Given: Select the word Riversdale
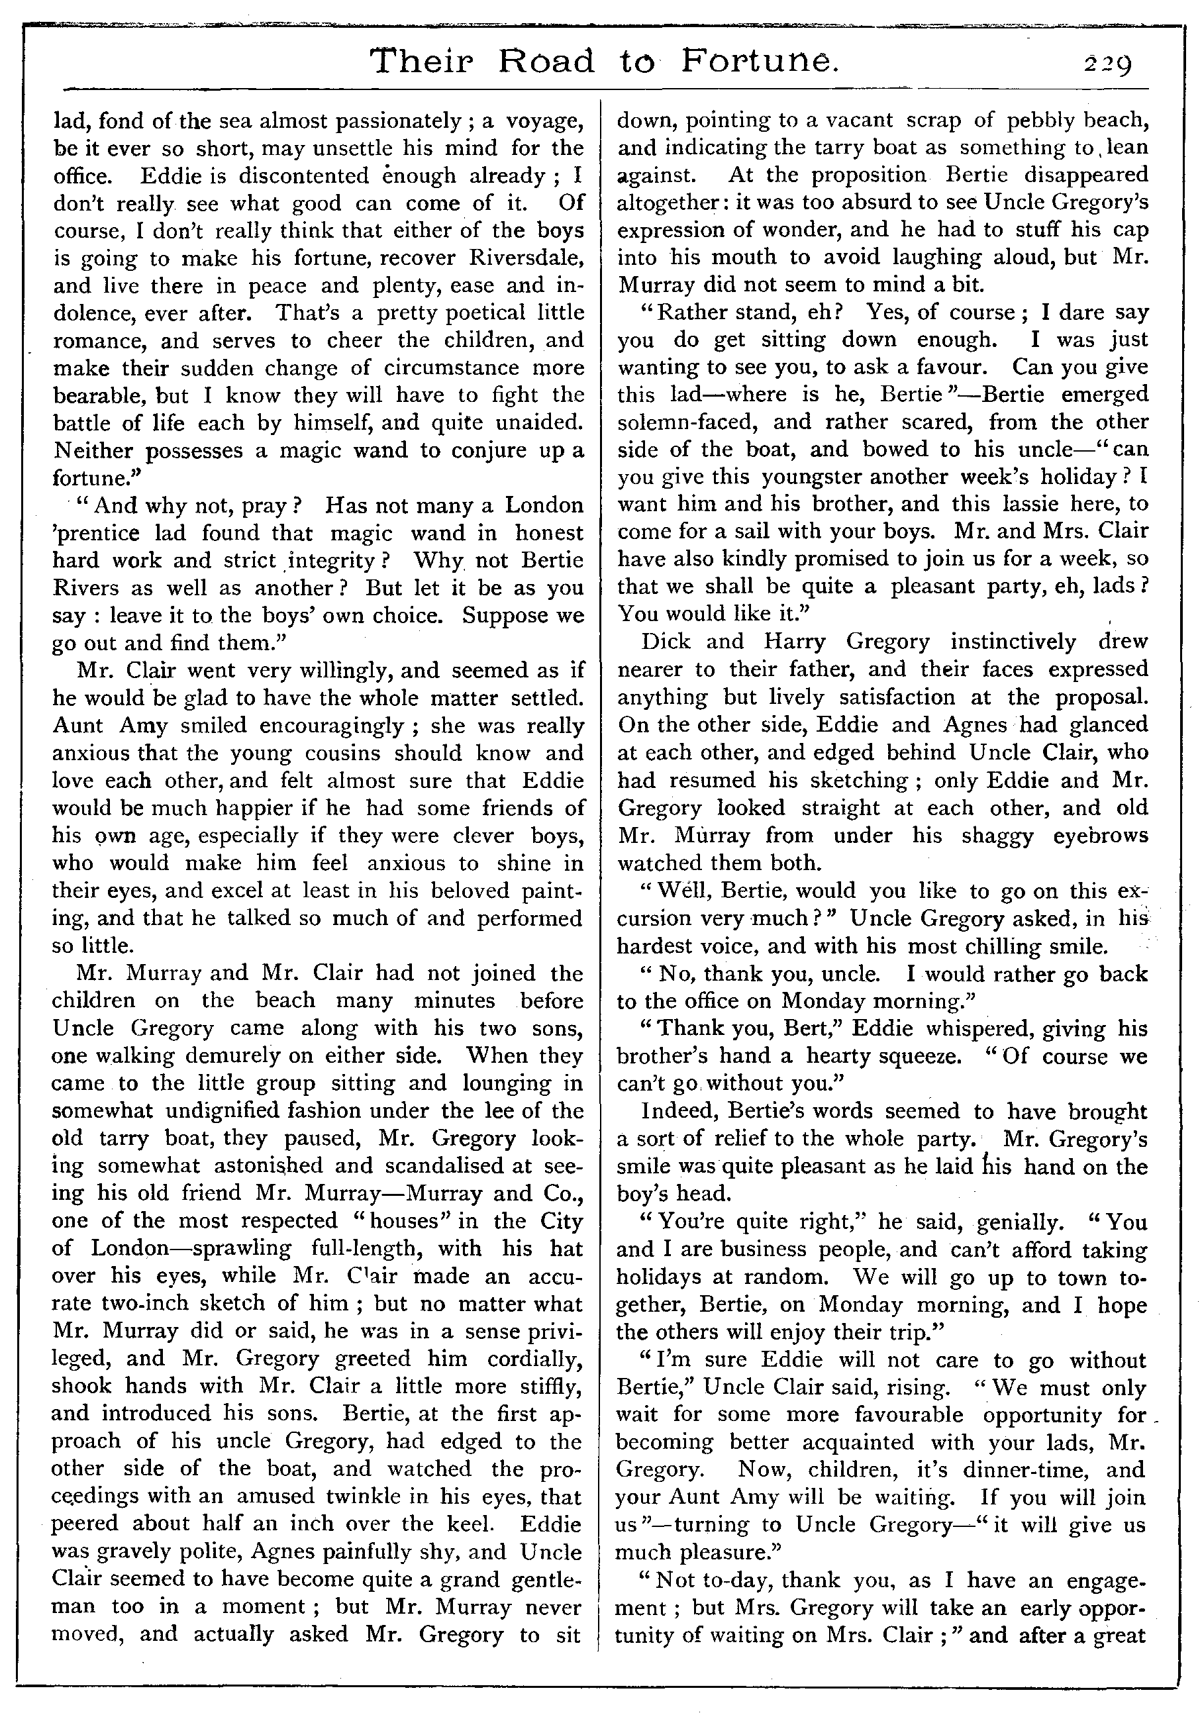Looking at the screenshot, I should click(525, 258).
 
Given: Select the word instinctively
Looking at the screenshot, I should click(1013, 642).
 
